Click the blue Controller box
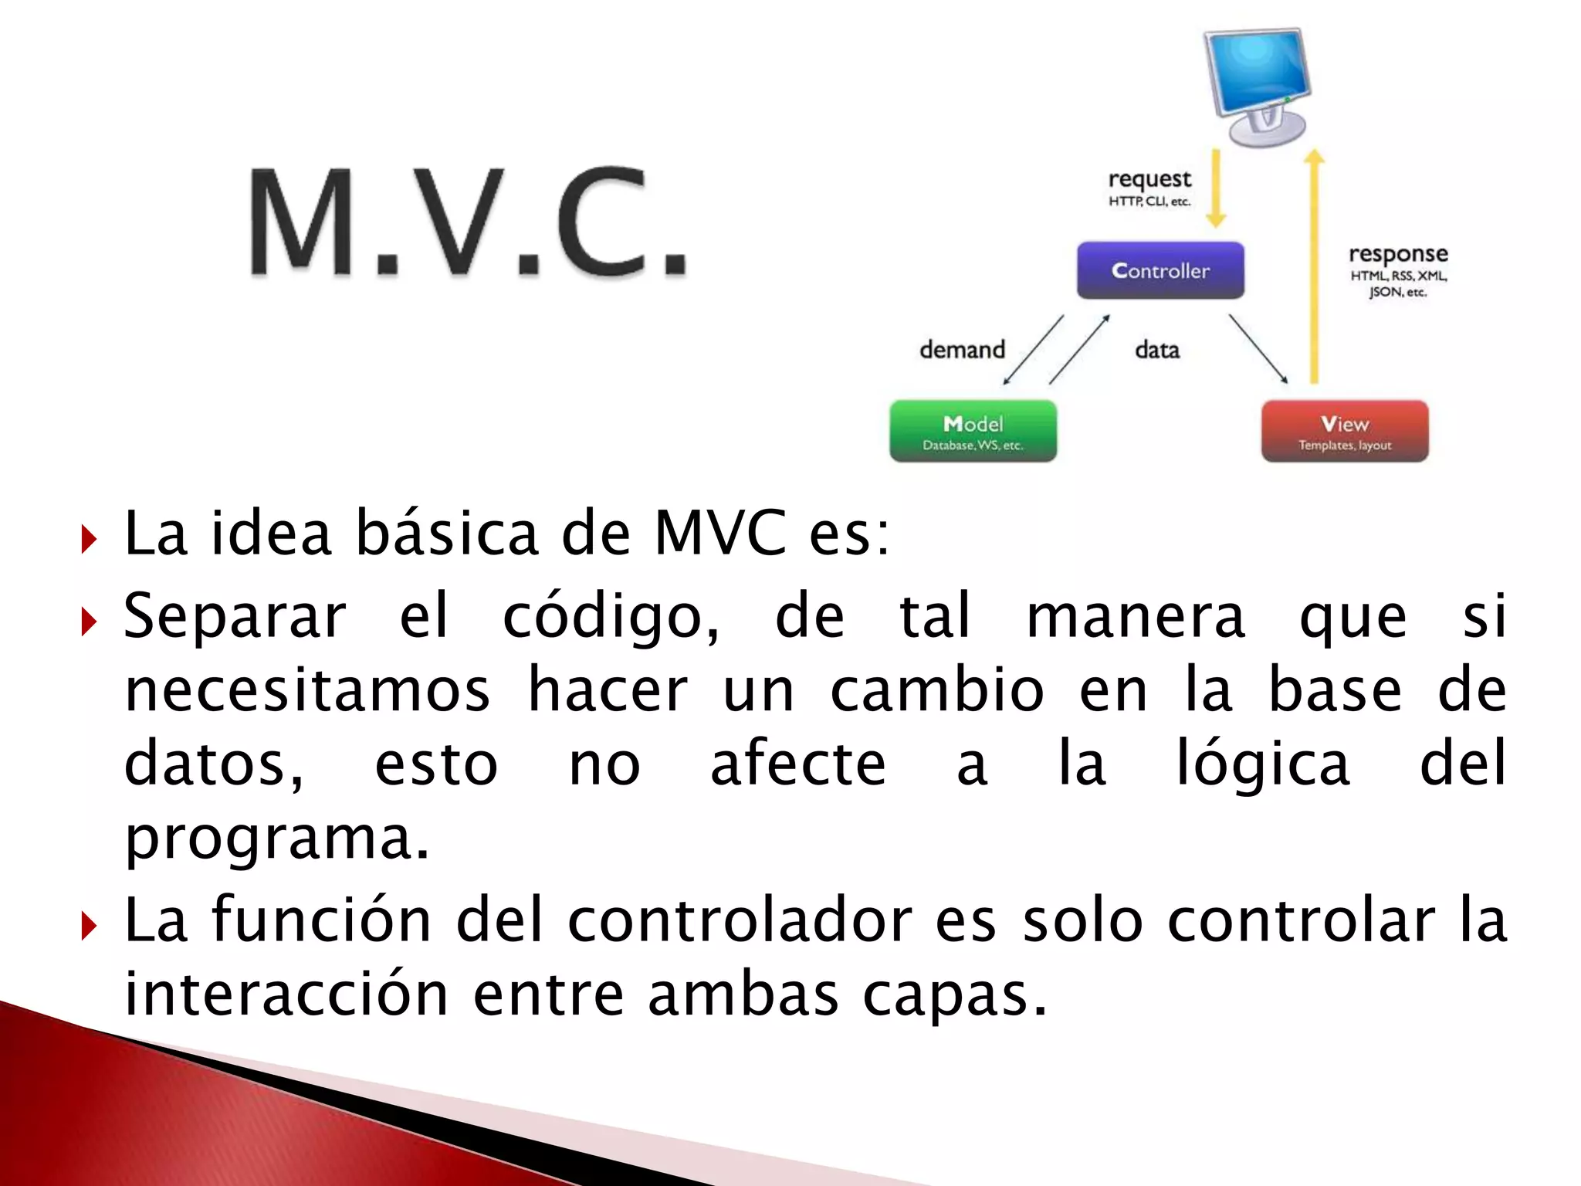(1160, 270)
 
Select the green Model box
(973, 431)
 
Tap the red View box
(1345, 431)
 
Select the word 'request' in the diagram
(1149, 179)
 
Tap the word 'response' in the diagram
(1398, 254)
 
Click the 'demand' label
(962, 350)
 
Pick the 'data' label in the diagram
(1157, 350)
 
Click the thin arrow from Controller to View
(1258, 348)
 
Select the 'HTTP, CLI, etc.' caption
(1149, 202)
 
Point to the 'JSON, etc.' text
(1398, 292)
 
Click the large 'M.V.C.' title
(468, 222)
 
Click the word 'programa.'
(276, 839)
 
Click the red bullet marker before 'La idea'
(90, 539)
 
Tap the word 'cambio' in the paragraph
(937, 690)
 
